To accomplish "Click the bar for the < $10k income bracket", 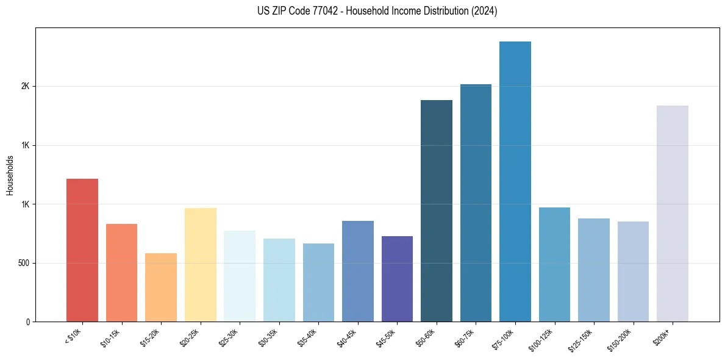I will pos(82,250).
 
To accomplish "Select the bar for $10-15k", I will pos(121,273).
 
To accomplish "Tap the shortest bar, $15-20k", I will pos(161,287).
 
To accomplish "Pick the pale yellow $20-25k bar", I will pos(200,265).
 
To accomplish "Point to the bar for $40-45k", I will pos(357,271).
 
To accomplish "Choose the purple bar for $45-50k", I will pos(397,279).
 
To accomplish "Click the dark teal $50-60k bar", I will pos(437,211).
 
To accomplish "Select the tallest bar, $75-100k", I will pos(515,181).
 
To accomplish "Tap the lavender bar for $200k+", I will pos(673,214).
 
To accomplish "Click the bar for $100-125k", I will pos(554,264).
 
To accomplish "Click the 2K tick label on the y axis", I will pos(25,87).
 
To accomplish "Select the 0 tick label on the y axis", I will pos(28,322).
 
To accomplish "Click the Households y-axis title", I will pos(10,175).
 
